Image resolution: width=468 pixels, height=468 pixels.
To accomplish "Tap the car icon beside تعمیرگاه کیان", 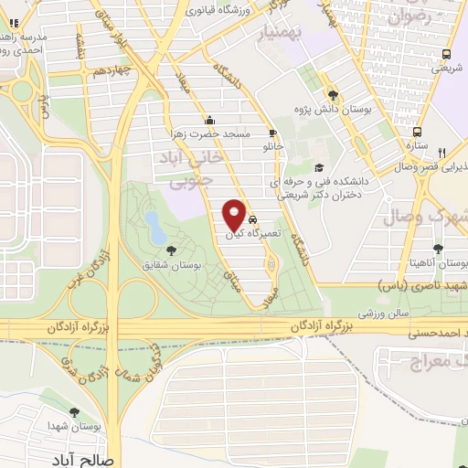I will (253, 220).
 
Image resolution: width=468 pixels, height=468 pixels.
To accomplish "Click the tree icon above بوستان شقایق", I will (169, 249).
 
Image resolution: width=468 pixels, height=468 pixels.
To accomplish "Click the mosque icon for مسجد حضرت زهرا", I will (211, 120).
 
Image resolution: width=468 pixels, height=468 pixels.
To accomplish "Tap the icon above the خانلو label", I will (272, 133).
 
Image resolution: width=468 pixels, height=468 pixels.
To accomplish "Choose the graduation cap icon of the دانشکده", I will (319, 167).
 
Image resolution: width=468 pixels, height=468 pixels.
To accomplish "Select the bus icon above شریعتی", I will (446, 54).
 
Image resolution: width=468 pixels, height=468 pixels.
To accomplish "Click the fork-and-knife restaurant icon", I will (441, 154).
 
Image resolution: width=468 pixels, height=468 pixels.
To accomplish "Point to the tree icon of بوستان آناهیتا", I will (440, 249).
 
